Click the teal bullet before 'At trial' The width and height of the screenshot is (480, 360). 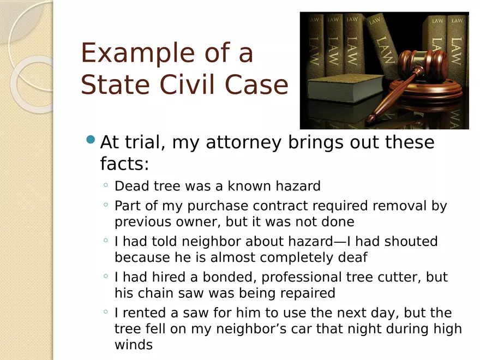pos(91,140)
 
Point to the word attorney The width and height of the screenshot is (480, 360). pos(243,143)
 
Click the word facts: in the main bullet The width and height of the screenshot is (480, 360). pos(124,163)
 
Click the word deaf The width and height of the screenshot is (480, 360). pos(352,257)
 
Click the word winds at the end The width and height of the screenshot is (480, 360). pos(134,345)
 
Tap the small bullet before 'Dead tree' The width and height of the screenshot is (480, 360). pos(106,184)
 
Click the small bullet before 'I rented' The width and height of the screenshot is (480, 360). pos(106,311)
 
